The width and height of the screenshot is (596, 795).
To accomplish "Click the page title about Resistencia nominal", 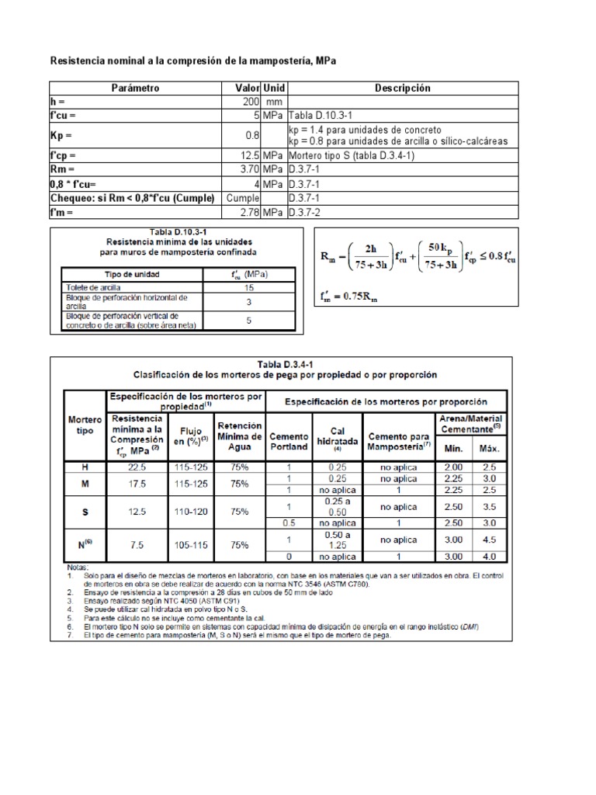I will pos(193,60).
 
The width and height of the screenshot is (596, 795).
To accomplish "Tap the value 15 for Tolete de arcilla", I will pos(250,287).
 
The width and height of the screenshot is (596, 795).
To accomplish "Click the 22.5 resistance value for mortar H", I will pos(137,467).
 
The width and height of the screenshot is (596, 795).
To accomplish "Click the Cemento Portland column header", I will pos(289,443).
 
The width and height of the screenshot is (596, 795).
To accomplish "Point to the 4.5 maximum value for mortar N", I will pos(488,540).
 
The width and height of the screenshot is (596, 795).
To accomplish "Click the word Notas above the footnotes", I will pos(78,567).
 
